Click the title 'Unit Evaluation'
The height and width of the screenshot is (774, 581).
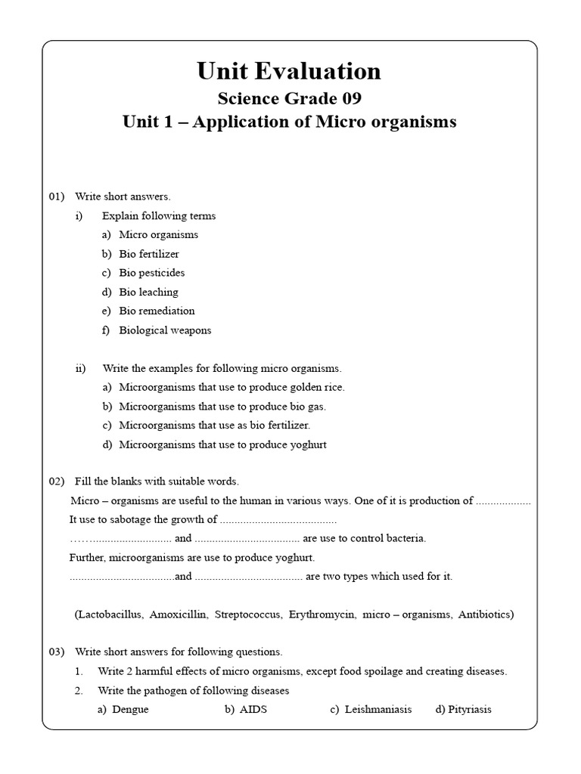click(289, 71)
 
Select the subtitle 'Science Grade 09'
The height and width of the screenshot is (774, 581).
click(290, 98)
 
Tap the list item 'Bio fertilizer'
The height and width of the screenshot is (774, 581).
click(149, 254)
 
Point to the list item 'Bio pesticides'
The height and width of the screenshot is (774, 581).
click(151, 273)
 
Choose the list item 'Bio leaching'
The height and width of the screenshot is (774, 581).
click(148, 292)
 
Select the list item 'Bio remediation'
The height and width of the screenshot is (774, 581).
click(157, 311)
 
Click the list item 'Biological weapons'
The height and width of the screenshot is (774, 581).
click(165, 330)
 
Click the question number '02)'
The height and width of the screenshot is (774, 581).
click(58, 481)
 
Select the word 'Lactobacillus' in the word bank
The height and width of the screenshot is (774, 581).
click(109, 615)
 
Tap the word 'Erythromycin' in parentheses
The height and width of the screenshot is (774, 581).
click(321, 615)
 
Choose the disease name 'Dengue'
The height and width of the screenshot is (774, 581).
click(130, 710)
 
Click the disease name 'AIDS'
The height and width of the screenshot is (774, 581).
click(253, 710)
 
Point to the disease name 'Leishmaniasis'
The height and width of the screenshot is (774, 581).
click(378, 710)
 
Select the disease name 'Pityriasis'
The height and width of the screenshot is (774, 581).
click(469, 710)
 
